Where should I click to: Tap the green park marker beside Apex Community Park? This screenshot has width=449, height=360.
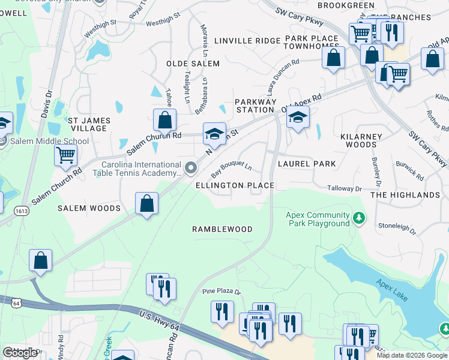(x=360, y=217)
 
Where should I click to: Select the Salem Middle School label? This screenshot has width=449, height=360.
(x=49, y=142)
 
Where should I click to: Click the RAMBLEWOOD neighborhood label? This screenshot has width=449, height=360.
(x=222, y=230)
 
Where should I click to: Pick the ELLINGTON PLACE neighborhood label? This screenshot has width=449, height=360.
(x=235, y=185)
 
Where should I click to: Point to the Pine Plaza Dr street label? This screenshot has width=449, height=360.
(x=220, y=292)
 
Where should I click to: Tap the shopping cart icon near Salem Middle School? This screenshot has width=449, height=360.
(x=65, y=155)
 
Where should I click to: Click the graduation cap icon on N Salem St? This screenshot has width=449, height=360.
(x=214, y=134)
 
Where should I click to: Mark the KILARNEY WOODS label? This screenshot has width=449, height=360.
(x=361, y=140)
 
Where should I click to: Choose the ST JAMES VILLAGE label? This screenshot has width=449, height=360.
(x=88, y=124)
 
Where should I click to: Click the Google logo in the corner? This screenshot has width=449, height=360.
(x=20, y=353)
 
